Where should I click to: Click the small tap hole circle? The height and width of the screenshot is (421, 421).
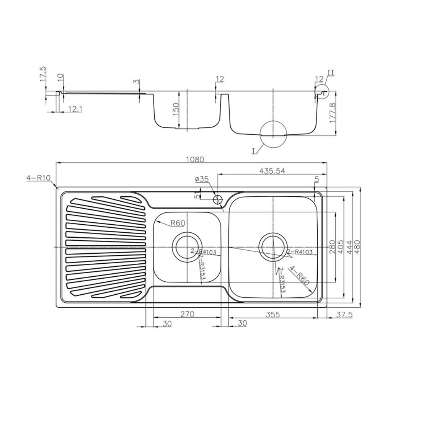click(x=217, y=199)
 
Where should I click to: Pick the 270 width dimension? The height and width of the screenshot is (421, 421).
click(x=187, y=314)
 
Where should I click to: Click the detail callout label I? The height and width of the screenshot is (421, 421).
click(x=253, y=151)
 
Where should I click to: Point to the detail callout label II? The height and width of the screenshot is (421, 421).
click(x=330, y=72)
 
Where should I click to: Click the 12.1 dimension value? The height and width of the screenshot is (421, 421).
click(x=75, y=109)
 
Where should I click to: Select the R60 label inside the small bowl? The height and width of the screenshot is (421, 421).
click(x=178, y=222)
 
